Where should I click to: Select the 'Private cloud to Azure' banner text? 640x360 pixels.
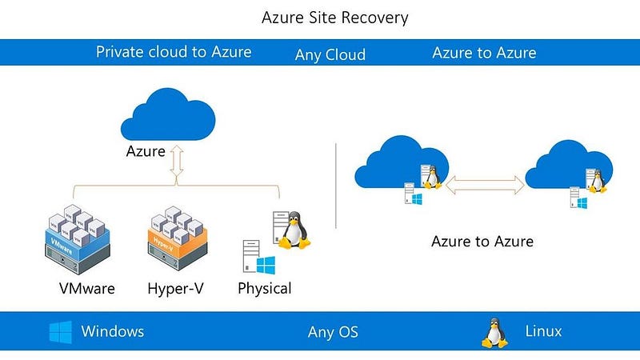(174, 52)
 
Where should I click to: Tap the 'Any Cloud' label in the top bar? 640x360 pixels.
(330, 54)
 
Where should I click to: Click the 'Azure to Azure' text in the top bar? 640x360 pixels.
(484, 53)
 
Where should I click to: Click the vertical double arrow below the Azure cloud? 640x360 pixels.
(178, 165)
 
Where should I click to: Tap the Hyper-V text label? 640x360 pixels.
(174, 288)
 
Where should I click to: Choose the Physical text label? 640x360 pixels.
(265, 288)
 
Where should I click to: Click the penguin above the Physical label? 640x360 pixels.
(296, 230)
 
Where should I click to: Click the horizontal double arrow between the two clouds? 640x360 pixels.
(486, 185)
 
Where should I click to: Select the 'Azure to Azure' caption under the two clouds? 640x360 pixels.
(482, 241)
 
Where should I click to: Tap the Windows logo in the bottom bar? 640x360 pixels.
(60, 332)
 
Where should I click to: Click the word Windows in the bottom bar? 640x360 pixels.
(113, 331)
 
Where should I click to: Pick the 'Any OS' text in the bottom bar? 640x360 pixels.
(333, 332)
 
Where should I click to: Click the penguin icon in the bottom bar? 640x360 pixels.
(494, 332)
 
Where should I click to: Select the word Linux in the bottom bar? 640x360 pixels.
(543, 331)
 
